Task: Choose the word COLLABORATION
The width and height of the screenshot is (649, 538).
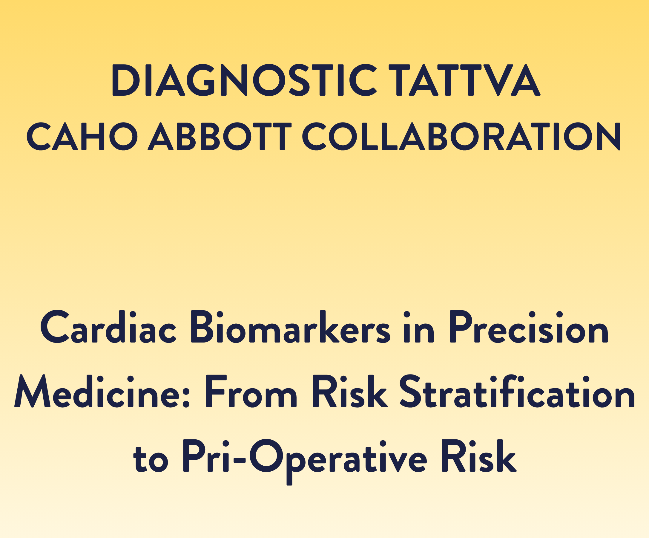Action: (x=461, y=136)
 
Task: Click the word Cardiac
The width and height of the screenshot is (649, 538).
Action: (x=108, y=327)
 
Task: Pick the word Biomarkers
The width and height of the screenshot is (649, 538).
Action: (x=291, y=327)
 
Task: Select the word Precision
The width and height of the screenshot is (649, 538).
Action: (x=529, y=327)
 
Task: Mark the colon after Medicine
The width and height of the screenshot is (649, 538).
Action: (x=186, y=397)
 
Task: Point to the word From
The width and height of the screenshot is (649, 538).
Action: (x=251, y=391)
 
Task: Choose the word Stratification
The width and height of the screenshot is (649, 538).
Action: (x=517, y=391)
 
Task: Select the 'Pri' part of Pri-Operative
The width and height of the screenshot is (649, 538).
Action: (x=206, y=456)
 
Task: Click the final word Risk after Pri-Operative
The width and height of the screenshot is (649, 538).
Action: (x=479, y=456)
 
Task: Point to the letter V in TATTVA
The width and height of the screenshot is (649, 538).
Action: (x=498, y=80)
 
